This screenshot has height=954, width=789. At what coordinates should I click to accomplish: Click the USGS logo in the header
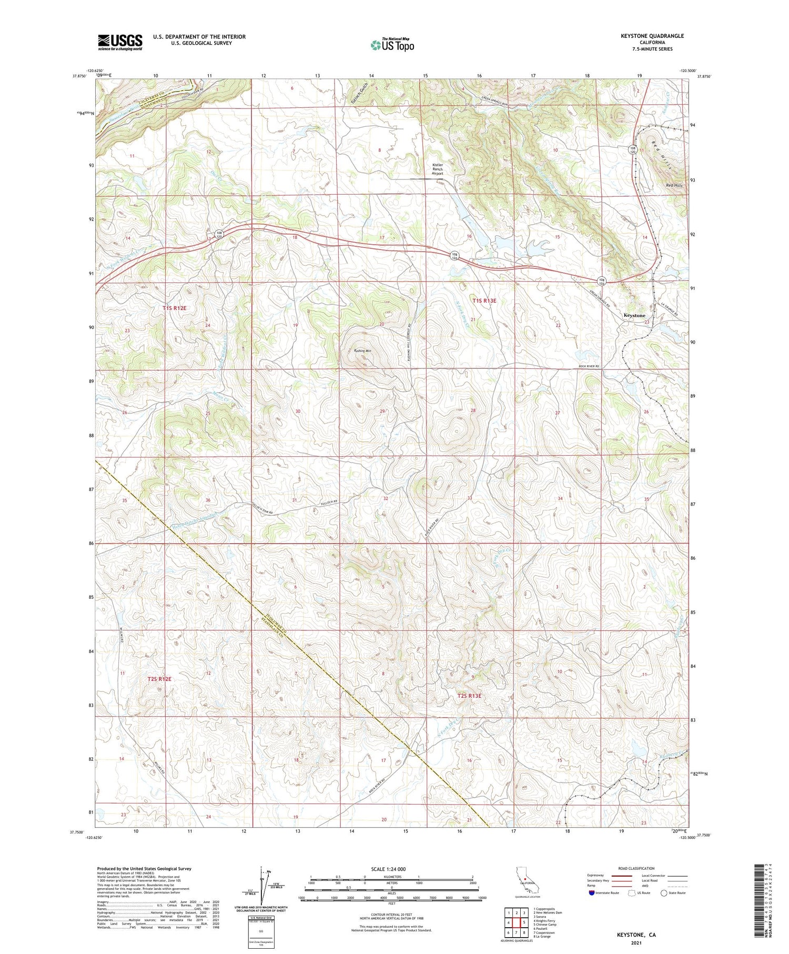(120, 42)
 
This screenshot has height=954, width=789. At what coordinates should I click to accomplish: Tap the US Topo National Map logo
(392, 45)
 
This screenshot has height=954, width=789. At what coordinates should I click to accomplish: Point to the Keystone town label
(634, 315)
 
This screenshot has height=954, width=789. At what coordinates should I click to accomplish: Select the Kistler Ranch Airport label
(438, 168)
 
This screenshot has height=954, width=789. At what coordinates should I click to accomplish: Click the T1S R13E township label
(484, 300)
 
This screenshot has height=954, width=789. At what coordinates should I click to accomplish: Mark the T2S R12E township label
(159, 679)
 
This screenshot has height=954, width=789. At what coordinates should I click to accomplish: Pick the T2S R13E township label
(469, 696)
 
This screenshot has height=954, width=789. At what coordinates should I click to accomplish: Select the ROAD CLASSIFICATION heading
(636, 868)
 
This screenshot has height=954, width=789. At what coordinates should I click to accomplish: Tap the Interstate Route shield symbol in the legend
(592, 893)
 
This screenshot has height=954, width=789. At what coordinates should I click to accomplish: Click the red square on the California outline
(525, 878)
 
